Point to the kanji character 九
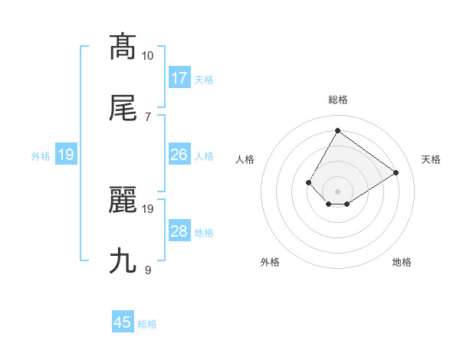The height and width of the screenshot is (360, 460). [123, 261]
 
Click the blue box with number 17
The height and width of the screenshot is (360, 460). [179, 78]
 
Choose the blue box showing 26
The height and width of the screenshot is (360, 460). [179, 155]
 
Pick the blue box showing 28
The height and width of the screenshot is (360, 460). [179, 231]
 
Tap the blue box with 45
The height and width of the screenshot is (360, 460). [123, 322]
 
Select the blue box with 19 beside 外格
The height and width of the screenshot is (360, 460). [66, 155]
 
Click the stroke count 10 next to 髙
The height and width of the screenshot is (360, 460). [148, 55]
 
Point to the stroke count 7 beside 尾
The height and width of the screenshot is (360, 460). [147, 116]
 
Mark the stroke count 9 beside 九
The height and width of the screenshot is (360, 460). [147, 270]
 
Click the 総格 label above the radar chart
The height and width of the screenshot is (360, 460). [337, 100]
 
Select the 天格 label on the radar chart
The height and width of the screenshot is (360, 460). [432, 159]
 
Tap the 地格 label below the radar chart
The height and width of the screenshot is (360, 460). [402, 262]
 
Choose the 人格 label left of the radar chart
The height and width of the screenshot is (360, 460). [245, 159]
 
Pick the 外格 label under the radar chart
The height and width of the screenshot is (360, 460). [270, 262]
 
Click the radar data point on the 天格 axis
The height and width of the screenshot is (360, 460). [396, 172]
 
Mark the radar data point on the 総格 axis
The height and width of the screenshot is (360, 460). [337, 131]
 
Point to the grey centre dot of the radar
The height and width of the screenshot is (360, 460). [337, 191]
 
